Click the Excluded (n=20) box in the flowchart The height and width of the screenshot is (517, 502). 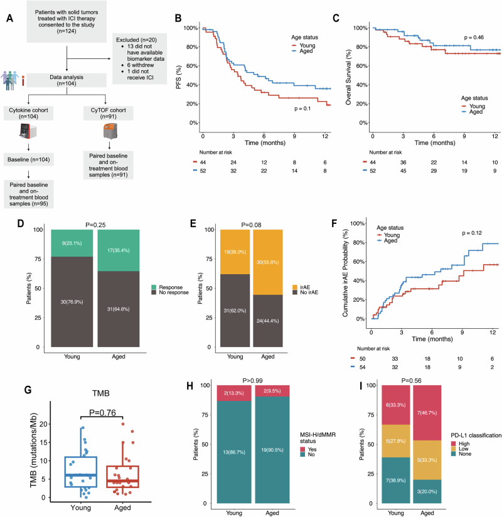(x=139, y=59)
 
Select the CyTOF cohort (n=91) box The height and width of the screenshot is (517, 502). (x=108, y=113)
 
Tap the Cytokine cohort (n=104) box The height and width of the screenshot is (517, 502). (x=28, y=113)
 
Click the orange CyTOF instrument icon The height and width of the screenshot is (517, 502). (x=110, y=131)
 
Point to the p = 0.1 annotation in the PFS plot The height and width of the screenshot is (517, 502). (x=302, y=109)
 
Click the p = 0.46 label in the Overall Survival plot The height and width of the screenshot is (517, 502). (x=474, y=37)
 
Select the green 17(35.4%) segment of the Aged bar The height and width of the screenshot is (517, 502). (x=119, y=250)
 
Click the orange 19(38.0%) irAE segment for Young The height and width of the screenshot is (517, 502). (x=235, y=252)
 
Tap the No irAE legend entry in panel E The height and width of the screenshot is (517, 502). (x=306, y=292)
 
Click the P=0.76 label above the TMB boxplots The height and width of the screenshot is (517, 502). (x=102, y=412)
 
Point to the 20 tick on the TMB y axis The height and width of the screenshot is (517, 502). (x=43, y=424)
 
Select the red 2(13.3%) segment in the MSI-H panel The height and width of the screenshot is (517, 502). (x=234, y=393)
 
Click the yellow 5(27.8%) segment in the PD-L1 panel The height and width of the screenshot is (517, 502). (x=396, y=441)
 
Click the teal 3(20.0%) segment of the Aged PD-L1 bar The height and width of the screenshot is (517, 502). (x=427, y=491)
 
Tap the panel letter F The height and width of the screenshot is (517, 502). (x=334, y=223)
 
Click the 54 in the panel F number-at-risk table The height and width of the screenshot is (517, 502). (x=362, y=367)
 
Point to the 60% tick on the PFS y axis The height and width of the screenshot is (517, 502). (x=192, y=66)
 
